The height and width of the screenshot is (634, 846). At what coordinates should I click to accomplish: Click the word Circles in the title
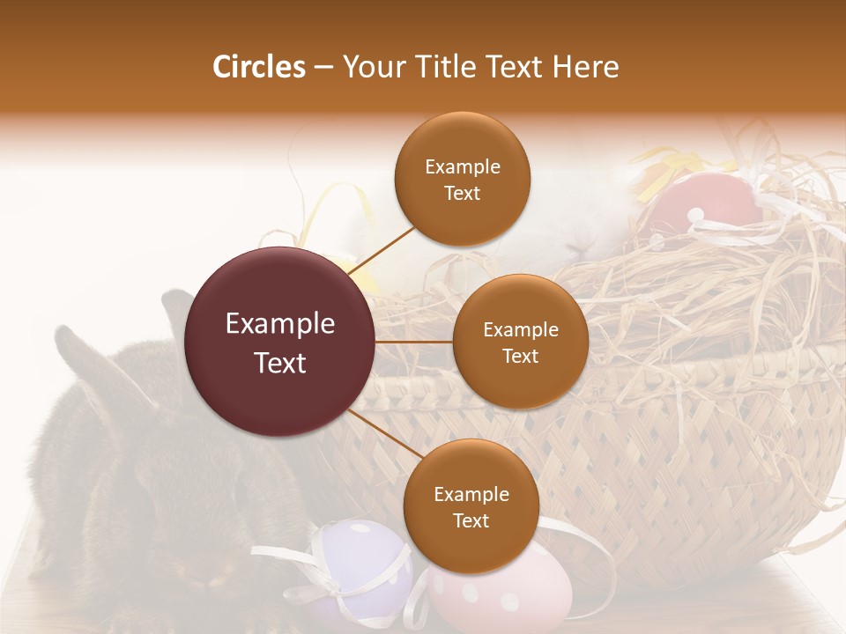point(258,67)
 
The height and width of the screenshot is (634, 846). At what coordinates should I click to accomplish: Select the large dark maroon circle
point(280,342)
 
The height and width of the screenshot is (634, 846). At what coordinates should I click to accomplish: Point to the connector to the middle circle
point(414,342)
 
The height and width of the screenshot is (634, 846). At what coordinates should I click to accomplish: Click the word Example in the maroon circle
point(280,324)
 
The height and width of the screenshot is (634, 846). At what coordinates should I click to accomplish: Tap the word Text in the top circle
point(462,193)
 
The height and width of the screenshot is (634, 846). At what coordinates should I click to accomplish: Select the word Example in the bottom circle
point(471,494)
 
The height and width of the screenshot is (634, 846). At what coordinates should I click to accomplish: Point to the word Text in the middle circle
point(520,356)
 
